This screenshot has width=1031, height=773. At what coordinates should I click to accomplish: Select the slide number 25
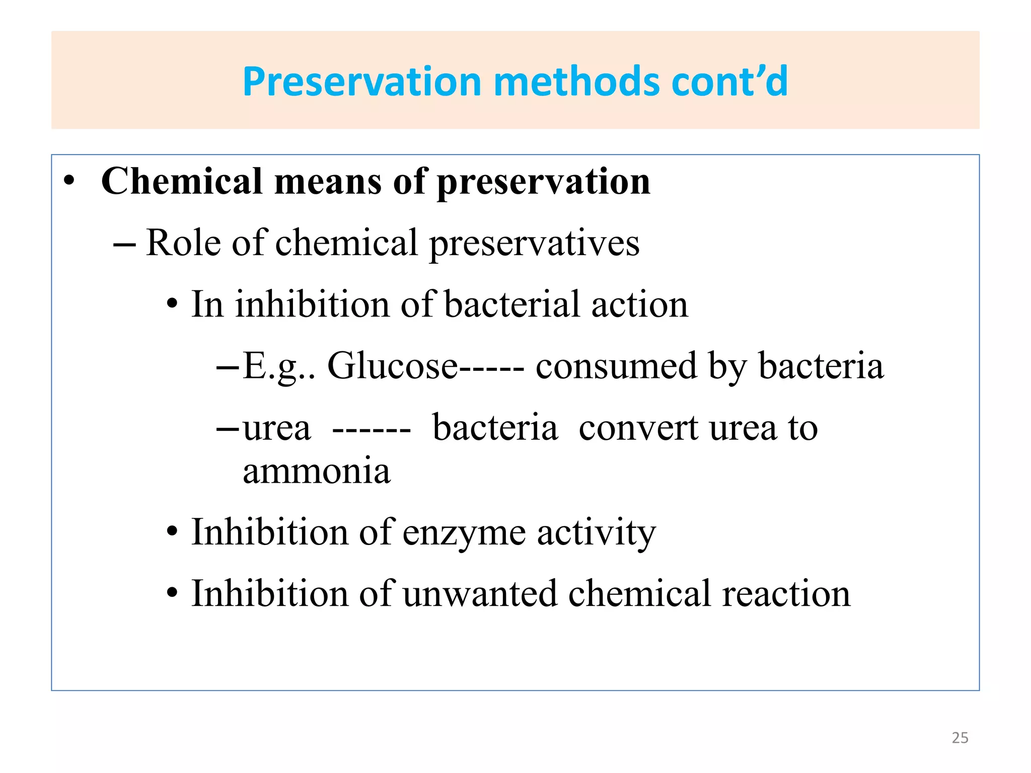960,738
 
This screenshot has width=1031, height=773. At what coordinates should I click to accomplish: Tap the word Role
183,243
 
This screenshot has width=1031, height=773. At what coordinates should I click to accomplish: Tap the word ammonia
316,471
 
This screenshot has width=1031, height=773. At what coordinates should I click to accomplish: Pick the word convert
638,428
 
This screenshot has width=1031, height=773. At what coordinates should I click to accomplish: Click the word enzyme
464,532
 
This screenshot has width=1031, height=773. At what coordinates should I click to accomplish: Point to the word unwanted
480,593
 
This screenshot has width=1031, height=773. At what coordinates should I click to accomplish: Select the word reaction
786,593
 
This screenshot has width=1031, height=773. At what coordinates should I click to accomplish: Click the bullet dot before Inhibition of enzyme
172,532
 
